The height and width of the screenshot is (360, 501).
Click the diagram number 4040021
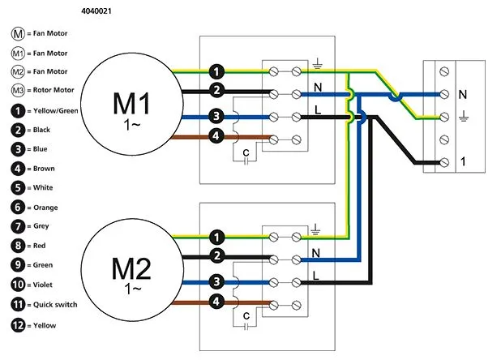[x=98, y=11]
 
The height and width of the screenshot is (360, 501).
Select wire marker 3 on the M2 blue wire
[x=216, y=281]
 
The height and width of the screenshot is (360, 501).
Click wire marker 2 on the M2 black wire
[x=216, y=257]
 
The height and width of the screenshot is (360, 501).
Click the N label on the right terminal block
[x=463, y=95]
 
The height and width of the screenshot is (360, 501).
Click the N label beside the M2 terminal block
[x=317, y=252]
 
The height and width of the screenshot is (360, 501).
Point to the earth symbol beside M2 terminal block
[x=317, y=229]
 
